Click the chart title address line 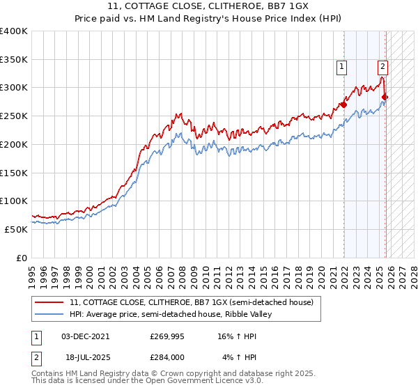pyautogui.click(x=209, y=7)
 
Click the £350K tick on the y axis pyautogui.click(x=14, y=60)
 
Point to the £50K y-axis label pyautogui.click(x=16, y=229)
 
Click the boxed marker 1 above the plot pyautogui.click(x=343, y=67)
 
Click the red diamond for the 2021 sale pyautogui.click(x=343, y=105)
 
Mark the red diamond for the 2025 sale pyautogui.click(x=385, y=97)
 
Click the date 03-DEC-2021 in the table pyautogui.click(x=85, y=336)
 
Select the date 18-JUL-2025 pyautogui.click(x=85, y=357)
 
